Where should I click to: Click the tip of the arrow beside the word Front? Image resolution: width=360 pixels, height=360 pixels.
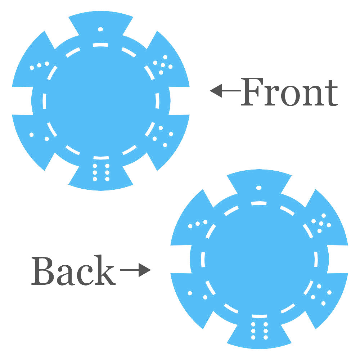[210, 91]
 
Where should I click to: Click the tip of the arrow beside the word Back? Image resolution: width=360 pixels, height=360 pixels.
[151, 270]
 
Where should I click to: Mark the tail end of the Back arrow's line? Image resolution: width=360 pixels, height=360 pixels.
[120, 270]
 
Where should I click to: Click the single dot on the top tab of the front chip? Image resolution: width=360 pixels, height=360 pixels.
[100, 30]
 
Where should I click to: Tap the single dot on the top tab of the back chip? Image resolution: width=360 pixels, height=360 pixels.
[259, 188]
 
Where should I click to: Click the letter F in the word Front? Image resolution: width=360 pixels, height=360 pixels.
[252, 91]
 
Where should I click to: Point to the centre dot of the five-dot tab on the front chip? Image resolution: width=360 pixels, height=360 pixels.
[163, 65]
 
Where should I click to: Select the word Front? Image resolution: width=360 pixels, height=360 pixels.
[289, 92]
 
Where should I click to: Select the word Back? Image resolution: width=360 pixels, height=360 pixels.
[73, 270]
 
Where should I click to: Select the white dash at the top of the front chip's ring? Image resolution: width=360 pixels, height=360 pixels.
[100, 45]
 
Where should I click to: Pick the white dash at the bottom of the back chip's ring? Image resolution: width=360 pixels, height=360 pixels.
[259, 316]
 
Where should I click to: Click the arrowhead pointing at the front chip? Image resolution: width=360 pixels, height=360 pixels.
[216, 91]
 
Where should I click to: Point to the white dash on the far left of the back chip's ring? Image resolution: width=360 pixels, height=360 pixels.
[203, 260]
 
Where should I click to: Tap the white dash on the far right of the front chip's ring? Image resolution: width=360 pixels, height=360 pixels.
[158, 101]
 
